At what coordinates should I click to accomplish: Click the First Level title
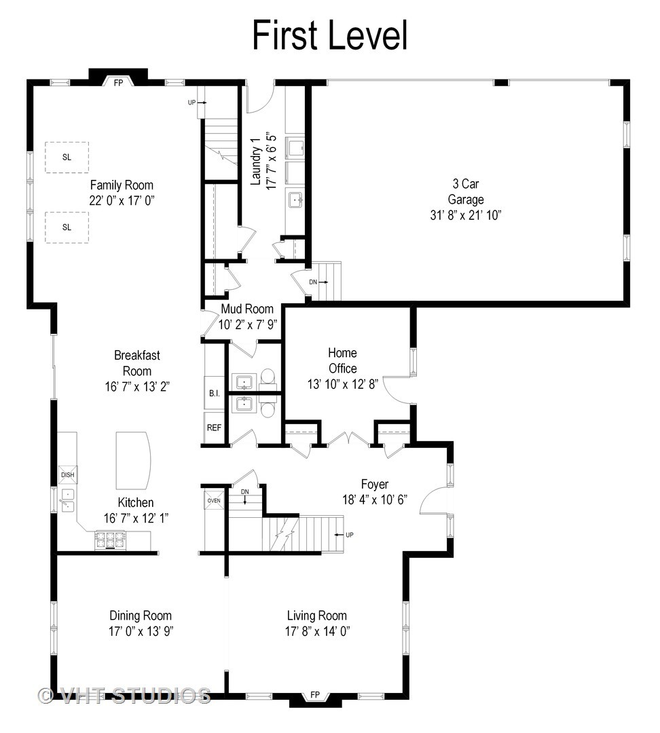coord(330,35)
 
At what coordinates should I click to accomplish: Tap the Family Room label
coord(122,185)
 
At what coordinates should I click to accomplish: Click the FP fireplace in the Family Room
coord(118,82)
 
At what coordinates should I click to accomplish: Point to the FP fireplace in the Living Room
coord(315,694)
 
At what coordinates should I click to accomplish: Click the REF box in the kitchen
coord(214,428)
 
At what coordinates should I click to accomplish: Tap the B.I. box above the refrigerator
coord(213,393)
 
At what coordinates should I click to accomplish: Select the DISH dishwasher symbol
coord(67,474)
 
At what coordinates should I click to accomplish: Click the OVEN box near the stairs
coord(214,501)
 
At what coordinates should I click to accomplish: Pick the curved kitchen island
coord(134,459)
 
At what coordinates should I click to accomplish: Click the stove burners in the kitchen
coord(110,540)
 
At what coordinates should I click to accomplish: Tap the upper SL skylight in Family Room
coord(67,157)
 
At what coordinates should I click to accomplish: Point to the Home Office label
coord(342,360)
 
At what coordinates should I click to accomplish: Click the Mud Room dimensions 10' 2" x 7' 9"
coord(247,324)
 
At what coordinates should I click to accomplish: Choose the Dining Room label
coord(141,616)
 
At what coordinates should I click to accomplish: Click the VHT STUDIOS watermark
coord(125,695)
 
